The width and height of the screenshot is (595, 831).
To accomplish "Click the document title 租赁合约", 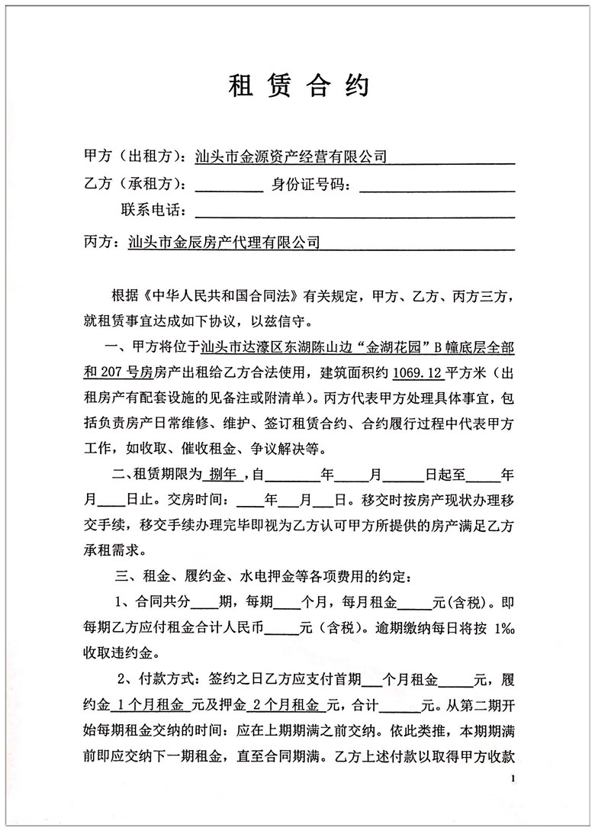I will click(298, 86).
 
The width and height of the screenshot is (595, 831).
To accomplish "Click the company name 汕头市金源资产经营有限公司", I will click(291, 157).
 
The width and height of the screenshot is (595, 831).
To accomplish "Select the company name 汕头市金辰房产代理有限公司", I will click(223, 243).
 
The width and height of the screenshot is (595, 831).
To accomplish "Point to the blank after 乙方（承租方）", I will click(230, 187).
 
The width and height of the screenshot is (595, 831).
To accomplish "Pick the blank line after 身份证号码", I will click(436, 187).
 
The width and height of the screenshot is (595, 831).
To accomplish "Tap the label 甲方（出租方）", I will click(132, 157).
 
